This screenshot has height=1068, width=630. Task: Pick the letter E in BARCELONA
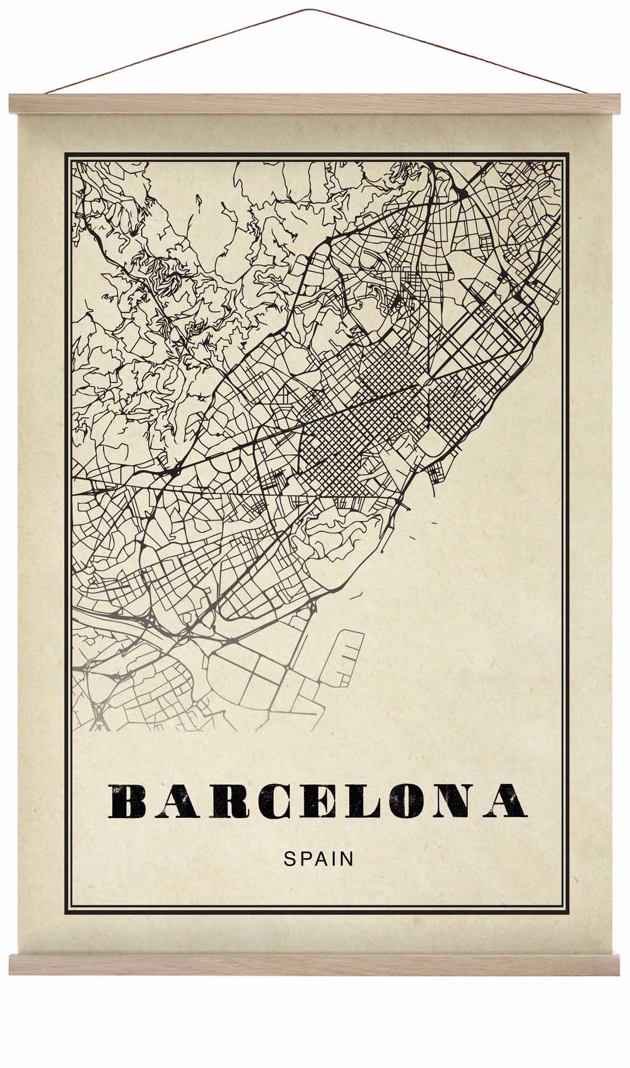(x=312, y=800)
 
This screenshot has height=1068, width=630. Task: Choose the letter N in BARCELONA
(x=455, y=800)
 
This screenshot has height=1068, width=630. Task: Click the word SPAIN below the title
(x=318, y=859)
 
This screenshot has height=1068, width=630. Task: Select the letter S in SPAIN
(x=289, y=859)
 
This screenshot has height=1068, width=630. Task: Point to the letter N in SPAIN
(x=347, y=859)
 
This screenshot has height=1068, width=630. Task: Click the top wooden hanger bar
(x=315, y=104)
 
